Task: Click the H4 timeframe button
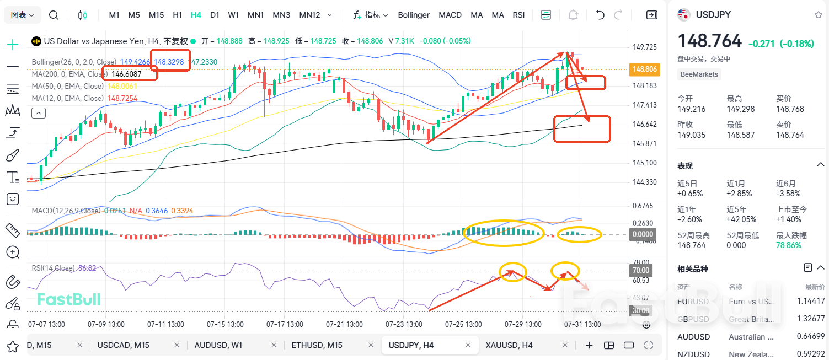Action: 196,15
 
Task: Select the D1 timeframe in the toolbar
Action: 215,15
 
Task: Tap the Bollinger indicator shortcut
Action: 414,15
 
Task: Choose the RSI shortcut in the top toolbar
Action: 518,15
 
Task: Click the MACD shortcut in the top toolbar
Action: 450,15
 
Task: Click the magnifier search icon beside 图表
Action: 54,15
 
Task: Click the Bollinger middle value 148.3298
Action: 169,62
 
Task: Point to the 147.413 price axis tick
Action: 644,105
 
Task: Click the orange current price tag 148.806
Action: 644,69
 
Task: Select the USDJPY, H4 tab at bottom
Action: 411,345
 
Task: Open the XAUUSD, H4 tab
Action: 509,345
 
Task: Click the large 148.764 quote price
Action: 709,42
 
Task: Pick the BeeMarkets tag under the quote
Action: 699,74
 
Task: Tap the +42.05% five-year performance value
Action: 741,219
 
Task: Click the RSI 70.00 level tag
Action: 640,270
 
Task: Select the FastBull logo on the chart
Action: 69,299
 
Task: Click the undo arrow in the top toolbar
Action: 600,15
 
